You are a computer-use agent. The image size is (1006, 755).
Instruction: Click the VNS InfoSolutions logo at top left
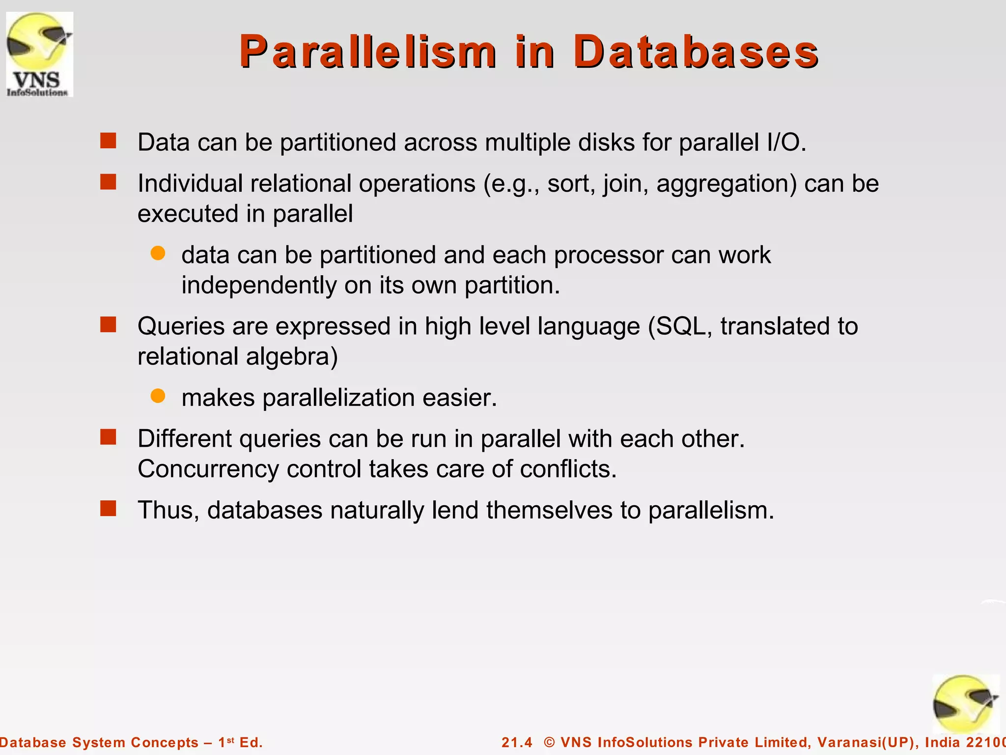click(x=39, y=54)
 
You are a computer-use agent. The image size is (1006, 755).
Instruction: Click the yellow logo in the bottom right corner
click(x=965, y=704)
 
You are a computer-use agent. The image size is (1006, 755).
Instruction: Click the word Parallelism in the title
click(x=368, y=52)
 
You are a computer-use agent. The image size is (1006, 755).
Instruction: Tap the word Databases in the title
click(x=696, y=52)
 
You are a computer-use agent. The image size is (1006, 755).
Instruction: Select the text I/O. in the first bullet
click(x=786, y=143)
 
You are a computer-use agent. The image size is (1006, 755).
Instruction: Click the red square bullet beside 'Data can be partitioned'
click(x=108, y=141)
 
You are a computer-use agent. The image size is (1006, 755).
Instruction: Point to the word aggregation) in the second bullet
click(x=727, y=184)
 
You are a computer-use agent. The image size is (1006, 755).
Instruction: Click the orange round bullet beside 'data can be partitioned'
click(x=158, y=253)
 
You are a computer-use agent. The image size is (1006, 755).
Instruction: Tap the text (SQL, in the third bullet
click(x=680, y=326)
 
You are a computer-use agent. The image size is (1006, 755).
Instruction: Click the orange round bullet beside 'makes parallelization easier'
click(x=158, y=396)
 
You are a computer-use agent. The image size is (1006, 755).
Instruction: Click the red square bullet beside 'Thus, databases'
click(x=108, y=509)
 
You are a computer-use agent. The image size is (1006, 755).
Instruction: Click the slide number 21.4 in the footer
click(x=517, y=742)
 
